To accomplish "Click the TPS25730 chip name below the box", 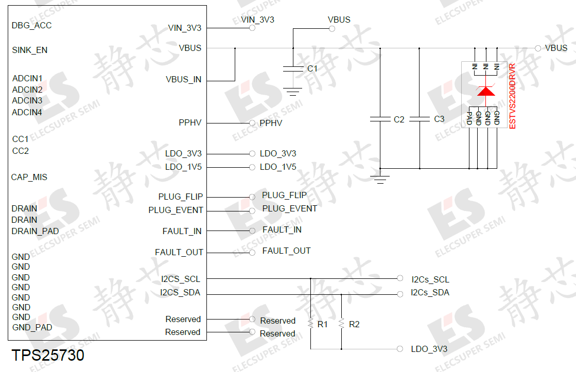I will click(48, 356).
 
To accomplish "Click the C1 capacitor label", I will click(312, 68).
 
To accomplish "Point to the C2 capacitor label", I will click(399, 119).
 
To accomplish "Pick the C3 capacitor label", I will click(439, 119).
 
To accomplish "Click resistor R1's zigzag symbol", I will click(310, 323).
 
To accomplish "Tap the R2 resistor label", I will click(354, 324).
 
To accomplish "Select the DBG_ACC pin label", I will click(32, 25).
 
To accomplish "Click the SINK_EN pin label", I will click(30, 50).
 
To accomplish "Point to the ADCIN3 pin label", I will click(27, 101).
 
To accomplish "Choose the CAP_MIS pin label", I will click(29, 177).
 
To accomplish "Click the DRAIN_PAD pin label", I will click(35, 231).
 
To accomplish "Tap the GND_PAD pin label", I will click(32, 327).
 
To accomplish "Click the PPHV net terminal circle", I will click(252, 123).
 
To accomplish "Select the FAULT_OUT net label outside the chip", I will click(286, 251).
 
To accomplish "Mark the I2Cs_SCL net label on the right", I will click(430, 279).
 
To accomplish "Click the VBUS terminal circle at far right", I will click(538, 48).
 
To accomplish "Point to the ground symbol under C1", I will click(293, 92).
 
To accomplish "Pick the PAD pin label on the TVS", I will click(469, 118).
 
